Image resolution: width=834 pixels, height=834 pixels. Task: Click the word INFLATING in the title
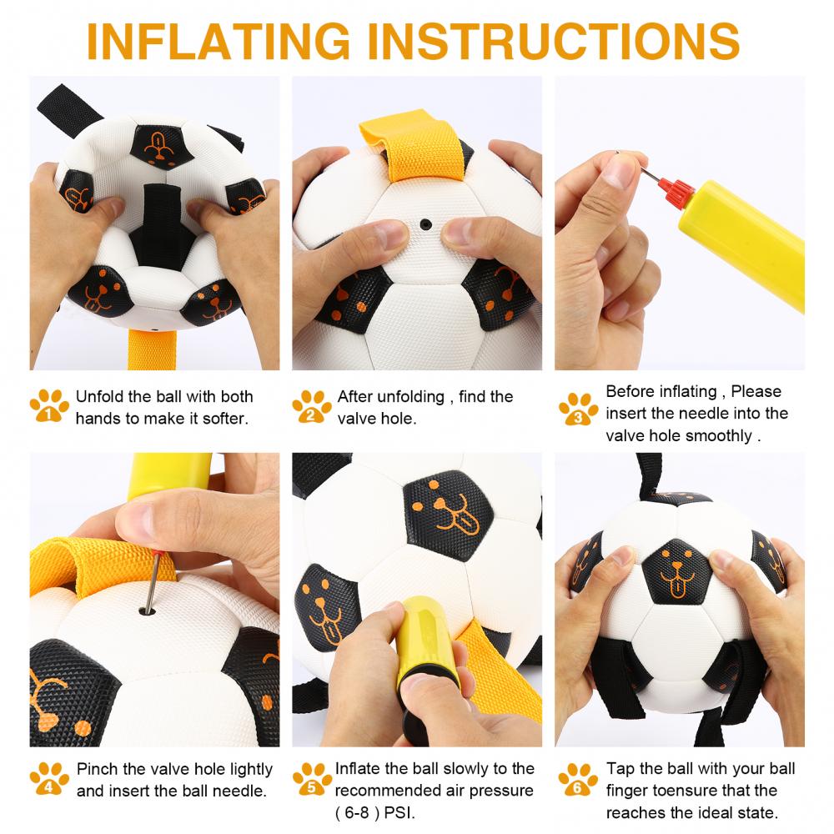pos(218,41)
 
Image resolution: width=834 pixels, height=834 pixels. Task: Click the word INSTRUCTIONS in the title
pos(553,41)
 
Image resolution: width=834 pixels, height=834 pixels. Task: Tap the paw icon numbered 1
pos(49,405)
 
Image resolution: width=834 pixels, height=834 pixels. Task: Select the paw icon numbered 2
pos(312,406)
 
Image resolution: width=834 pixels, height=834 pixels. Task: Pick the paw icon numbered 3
pos(578,409)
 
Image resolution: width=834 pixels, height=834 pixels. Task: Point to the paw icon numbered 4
pos(49,778)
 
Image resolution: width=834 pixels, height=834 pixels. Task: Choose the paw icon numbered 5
pos(312,779)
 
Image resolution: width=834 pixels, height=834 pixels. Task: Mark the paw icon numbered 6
pos(578,779)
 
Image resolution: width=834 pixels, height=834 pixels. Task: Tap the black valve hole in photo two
pos(425,224)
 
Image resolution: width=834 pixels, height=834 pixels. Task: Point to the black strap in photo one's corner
pos(68,110)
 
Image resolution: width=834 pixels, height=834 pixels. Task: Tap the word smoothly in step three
pos(719,435)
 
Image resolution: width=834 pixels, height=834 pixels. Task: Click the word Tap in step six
pos(620,769)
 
